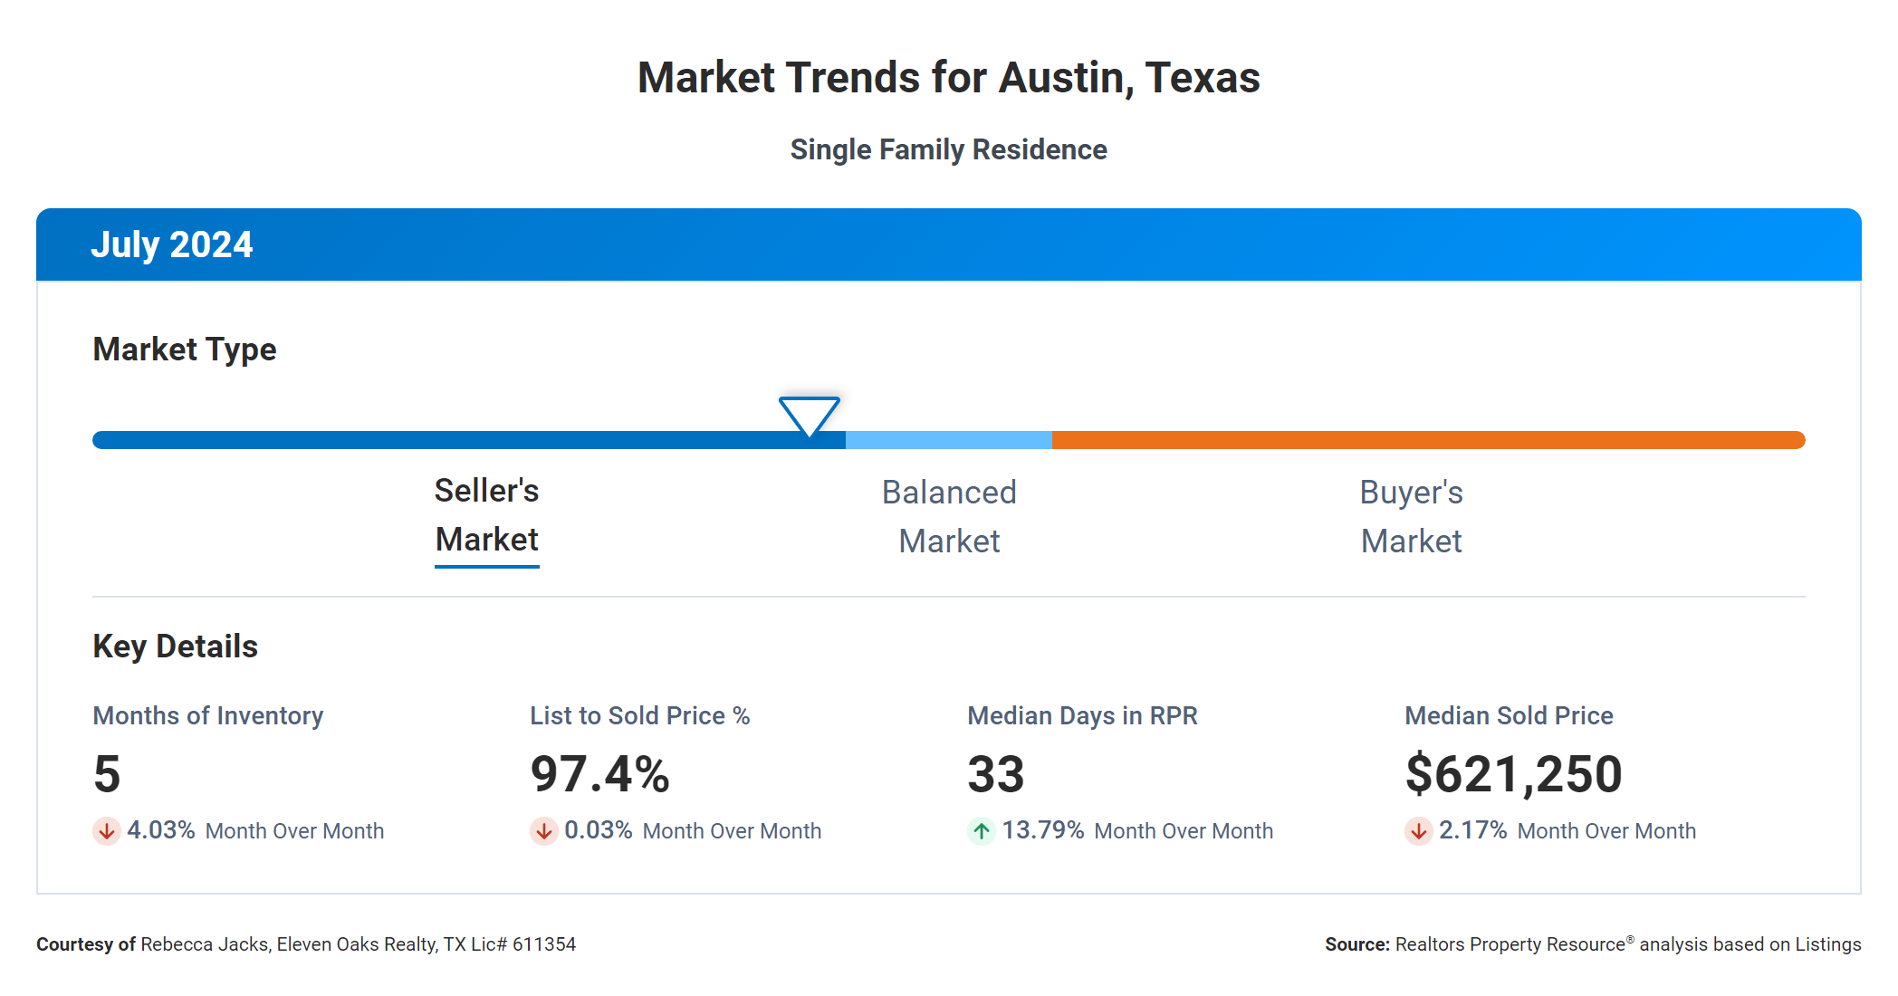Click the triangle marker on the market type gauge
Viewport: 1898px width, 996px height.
click(x=809, y=415)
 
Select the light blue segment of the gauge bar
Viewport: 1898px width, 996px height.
click(x=948, y=440)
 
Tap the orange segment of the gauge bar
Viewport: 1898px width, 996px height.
click(x=1427, y=440)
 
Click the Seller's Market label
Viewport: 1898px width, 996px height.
click(x=486, y=515)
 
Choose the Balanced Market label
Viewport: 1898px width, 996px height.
click(x=949, y=517)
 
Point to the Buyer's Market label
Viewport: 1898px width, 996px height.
click(x=1411, y=517)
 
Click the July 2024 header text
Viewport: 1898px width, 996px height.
click(x=172, y=245)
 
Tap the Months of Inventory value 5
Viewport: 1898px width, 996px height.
click(x=107, y=774)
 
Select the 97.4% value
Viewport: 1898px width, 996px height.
click(x=599, y=774)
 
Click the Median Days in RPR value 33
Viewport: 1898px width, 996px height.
click(x=995, y=774)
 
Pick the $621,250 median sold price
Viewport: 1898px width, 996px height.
click(x=1513, y=774)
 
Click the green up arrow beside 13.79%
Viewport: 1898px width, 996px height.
click(x=982, y=830)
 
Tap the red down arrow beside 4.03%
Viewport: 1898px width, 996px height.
click(x=107, y=830)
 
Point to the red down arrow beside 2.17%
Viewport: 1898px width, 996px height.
click(x=1418, y=830)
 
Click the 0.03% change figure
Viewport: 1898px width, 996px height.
click(x=598, y=830)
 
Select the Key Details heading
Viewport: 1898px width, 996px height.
click(x=175, y=646)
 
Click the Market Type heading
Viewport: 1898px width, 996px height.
click(x=185, y=350)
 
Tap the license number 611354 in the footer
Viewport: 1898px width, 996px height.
click(x=543, y=944)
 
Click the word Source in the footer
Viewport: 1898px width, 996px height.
click(x=1356, y=944)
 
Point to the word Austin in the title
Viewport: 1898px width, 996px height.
click(x=1065, y=78)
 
